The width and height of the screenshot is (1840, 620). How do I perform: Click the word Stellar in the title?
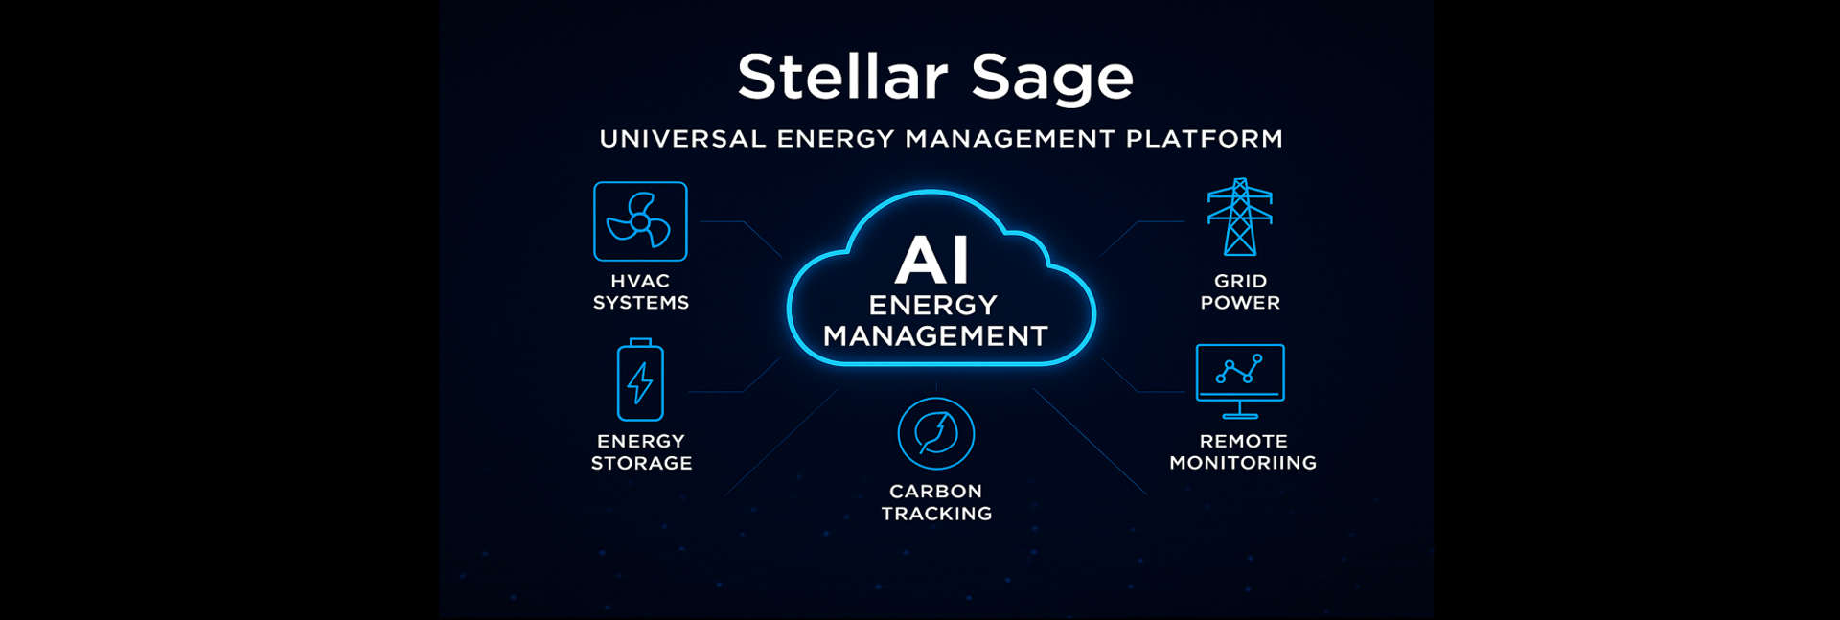point(842,76)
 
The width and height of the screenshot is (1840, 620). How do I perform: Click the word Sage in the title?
point(1052,80)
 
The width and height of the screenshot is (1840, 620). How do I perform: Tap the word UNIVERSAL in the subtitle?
point(682,139)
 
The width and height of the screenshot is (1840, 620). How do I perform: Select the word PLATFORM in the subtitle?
point(1205,139)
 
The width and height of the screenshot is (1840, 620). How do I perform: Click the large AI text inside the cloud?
point(931,260)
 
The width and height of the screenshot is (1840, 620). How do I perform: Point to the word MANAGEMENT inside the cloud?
point(935,336)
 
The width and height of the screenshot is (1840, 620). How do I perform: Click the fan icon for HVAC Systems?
point(640,221)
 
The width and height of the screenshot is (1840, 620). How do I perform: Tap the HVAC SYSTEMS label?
point(641,291)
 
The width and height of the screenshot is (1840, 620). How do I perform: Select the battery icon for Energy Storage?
point(640,380)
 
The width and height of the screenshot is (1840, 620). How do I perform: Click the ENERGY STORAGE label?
point(641,451)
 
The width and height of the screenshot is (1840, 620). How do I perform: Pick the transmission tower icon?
point(1240,218)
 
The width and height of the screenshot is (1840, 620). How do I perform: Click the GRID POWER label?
point(1240,291)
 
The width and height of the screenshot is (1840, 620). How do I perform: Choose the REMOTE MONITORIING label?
point(1243,451)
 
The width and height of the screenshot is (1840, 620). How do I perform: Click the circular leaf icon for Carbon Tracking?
point(936,433)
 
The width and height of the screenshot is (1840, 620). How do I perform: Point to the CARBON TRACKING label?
point(936,502)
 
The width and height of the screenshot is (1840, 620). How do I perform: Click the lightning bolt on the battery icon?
point(640,383)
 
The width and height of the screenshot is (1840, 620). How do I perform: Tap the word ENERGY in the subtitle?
point(835,139)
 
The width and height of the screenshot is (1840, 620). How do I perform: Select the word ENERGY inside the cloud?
point(933,305)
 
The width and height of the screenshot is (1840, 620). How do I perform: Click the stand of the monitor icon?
point(1240,410)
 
